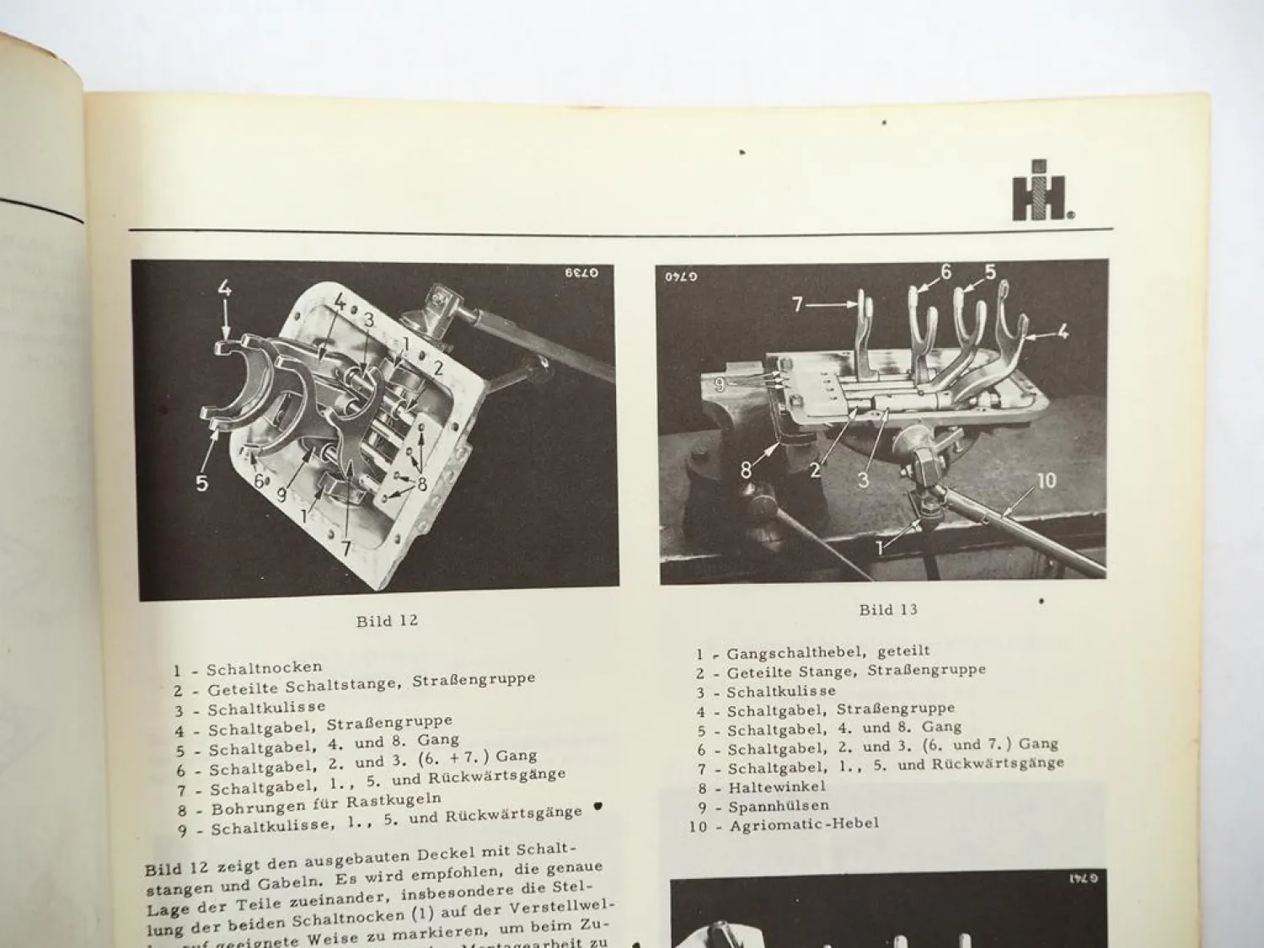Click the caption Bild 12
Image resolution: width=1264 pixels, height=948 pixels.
click(x=387, y=621)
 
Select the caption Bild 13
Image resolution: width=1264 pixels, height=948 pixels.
click(x=888, y=609)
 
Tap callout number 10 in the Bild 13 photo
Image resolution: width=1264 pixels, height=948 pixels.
click(x=1044, y=481)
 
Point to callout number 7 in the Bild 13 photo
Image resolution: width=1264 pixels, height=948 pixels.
click(x=797, y=303)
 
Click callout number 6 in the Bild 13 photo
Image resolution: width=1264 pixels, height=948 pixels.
click(x=945, y=271)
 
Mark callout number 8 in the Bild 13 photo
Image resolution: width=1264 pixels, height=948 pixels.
click(x=745, y=470)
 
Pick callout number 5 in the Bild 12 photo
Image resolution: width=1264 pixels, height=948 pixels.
click(x=202, y=483)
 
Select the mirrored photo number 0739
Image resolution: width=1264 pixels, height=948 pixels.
click(x=581, y=275)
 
